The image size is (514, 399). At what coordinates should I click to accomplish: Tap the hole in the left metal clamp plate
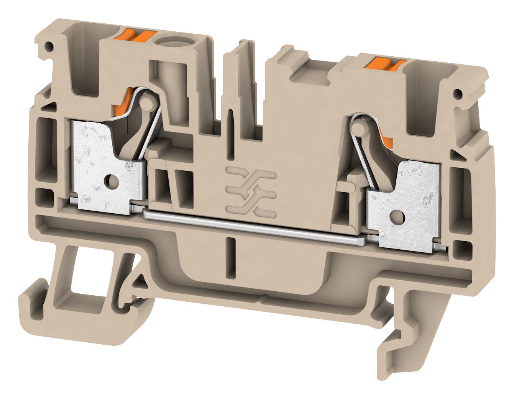pos(111,179)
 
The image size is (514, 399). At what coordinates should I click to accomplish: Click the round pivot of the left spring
pos(146,102)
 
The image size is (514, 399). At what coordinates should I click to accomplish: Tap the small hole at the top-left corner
pos(48,47)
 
